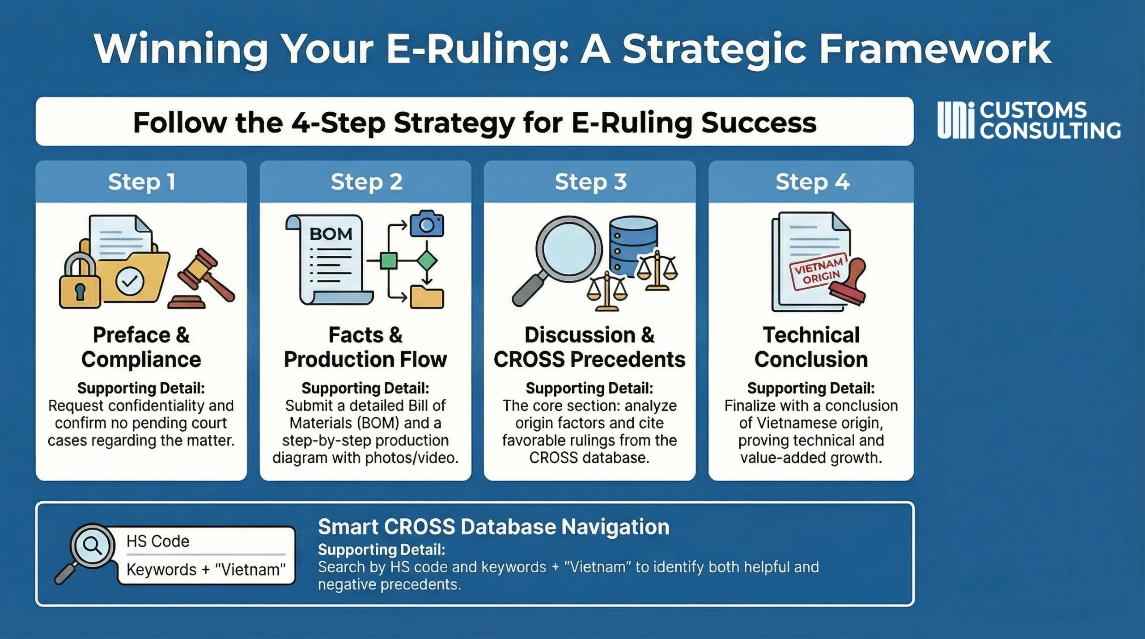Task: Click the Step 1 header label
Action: coord(141,182)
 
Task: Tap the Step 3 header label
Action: coord(590,182)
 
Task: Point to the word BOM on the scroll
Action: coord(331,234)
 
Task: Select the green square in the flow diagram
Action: coord(388,260)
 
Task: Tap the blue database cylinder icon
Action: coord(633,246)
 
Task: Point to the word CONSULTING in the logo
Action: coord(1050,131)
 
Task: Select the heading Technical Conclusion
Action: coord(811,347)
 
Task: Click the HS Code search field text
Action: coord(158,541)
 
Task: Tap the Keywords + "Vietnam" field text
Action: coord(206,570)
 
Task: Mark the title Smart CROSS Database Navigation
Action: coord(493,527)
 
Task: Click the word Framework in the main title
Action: coord(935,49)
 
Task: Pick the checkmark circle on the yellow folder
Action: coord(130,281)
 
